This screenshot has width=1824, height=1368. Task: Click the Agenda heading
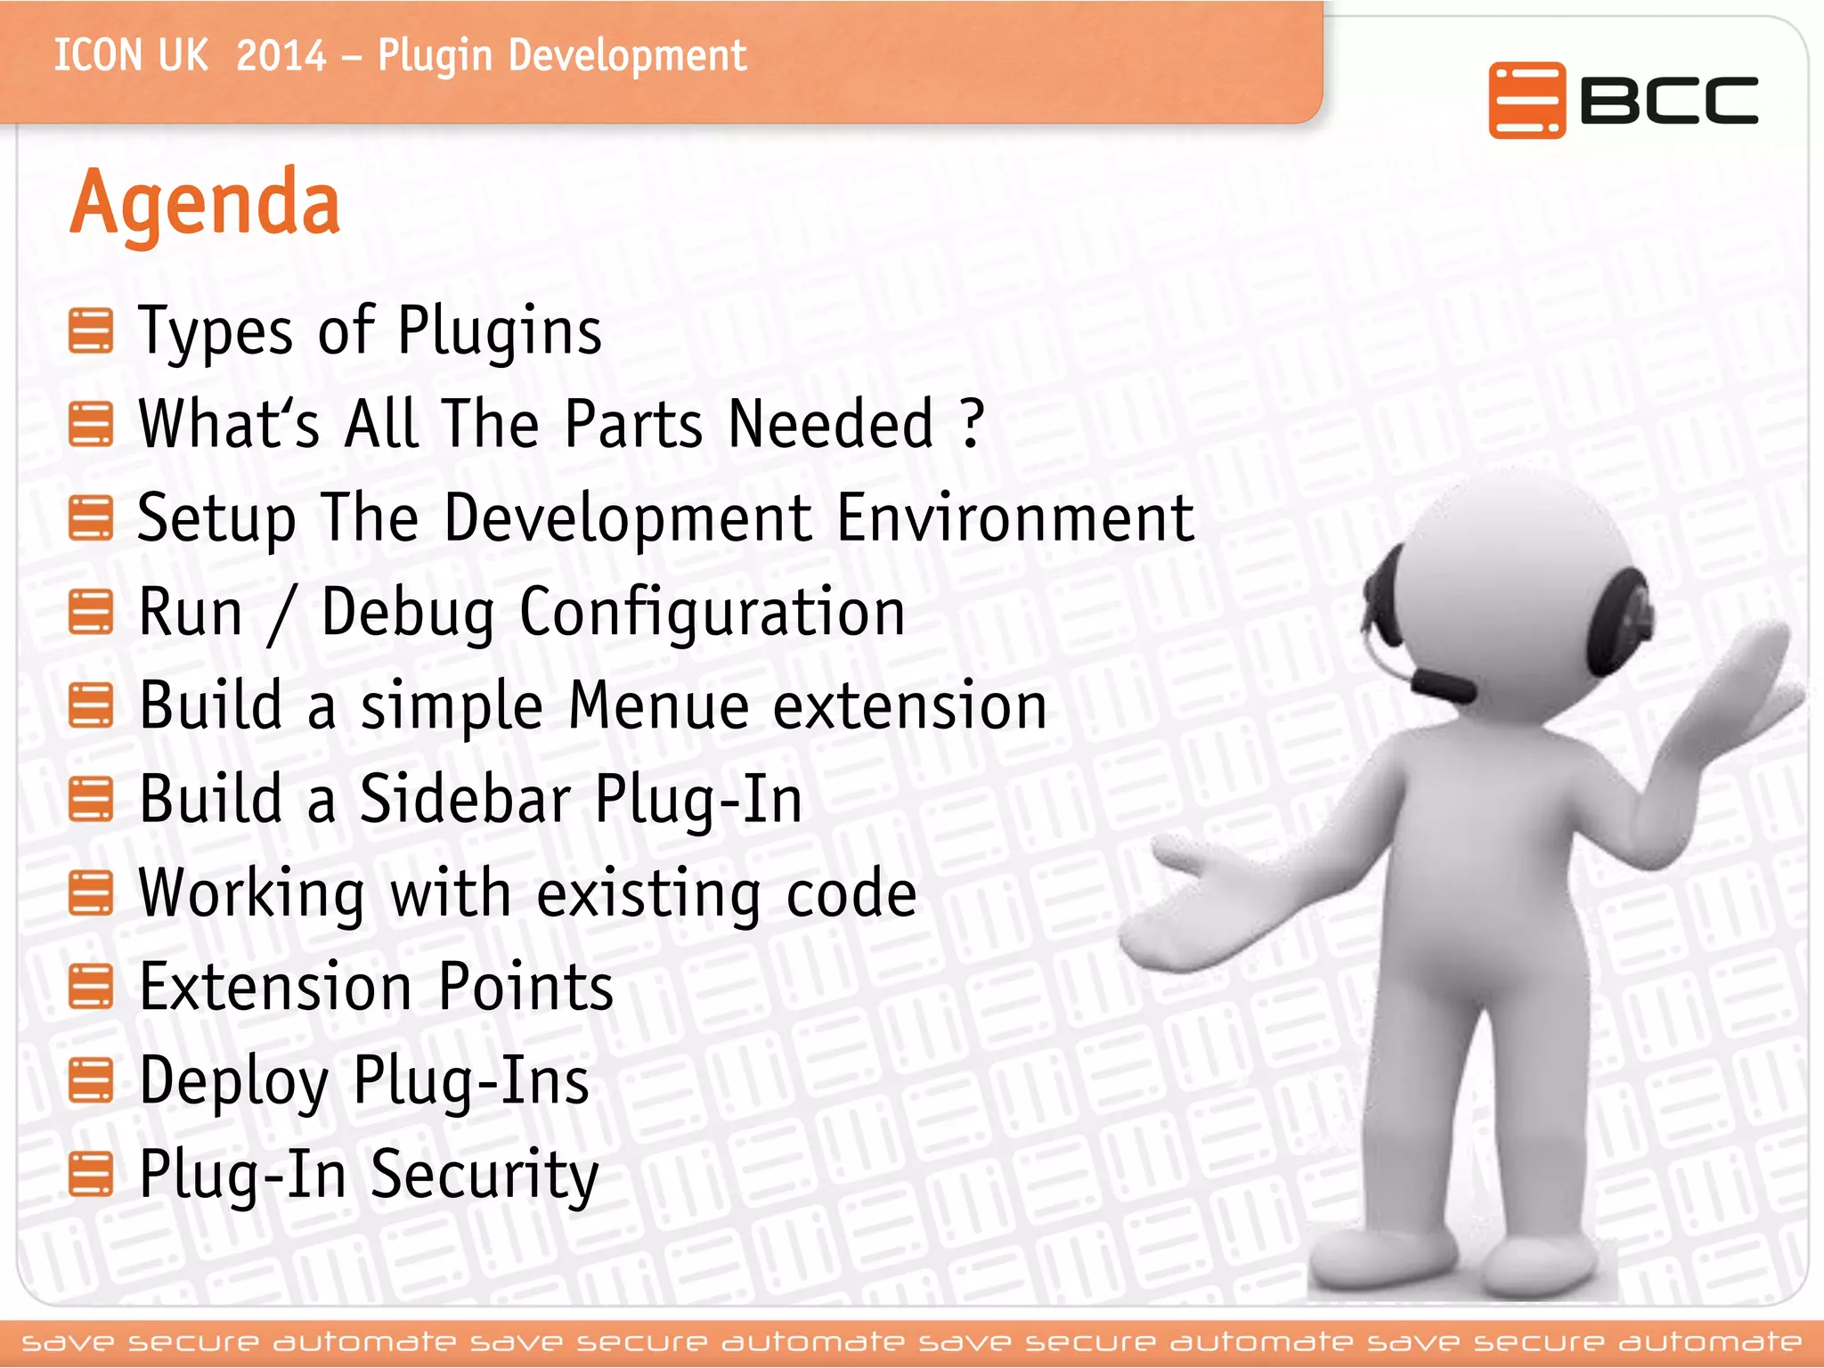(x=205, y=203)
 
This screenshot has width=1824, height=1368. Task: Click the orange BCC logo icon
(x=1526, y=100)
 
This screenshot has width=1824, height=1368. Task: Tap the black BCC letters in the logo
(x=1668, y=100)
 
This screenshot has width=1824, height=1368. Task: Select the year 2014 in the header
(x=281, y=56)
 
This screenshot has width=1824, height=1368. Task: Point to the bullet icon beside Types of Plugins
(x=91, y=331)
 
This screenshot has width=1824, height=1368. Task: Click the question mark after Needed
(x=973, y=423)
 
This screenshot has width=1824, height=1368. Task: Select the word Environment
(x=1015, y=518)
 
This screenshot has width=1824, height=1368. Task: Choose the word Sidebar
(x=465, y=799)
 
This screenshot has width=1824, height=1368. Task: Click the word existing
(x=648, y=893)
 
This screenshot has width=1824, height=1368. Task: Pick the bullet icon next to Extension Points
(x=91, y=988)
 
